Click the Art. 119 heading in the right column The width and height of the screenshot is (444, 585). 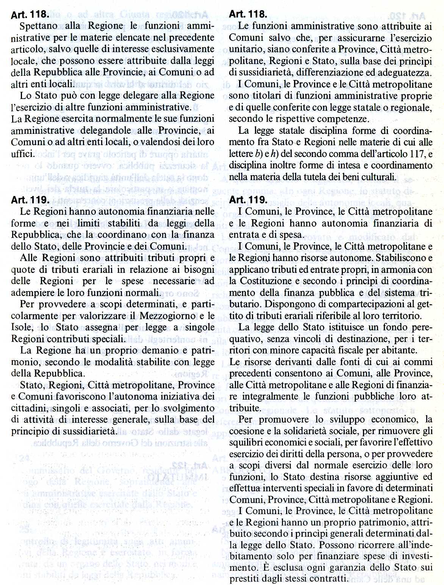point(249,200)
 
